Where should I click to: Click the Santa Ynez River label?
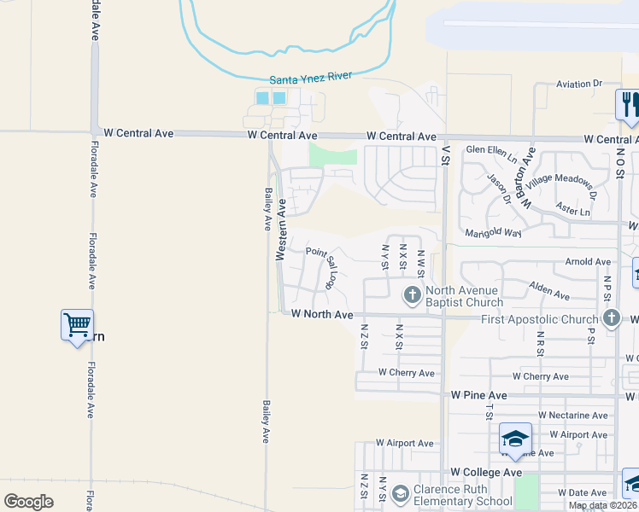point(311,78)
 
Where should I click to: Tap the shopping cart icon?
point(77,324)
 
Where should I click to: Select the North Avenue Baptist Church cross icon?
point(412,295)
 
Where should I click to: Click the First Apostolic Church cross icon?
point(611,318)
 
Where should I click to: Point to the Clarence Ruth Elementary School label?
point(462,496)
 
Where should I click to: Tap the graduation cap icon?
point(516,439)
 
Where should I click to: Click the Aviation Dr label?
point(579,84)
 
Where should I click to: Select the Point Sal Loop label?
point(326,264)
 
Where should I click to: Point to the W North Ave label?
point(322,315)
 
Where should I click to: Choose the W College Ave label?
point(486,472)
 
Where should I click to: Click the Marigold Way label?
point(493,233)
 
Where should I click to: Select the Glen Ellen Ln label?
point(491,153)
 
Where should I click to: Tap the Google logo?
point(28,501)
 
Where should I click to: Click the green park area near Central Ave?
point(332,155)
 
